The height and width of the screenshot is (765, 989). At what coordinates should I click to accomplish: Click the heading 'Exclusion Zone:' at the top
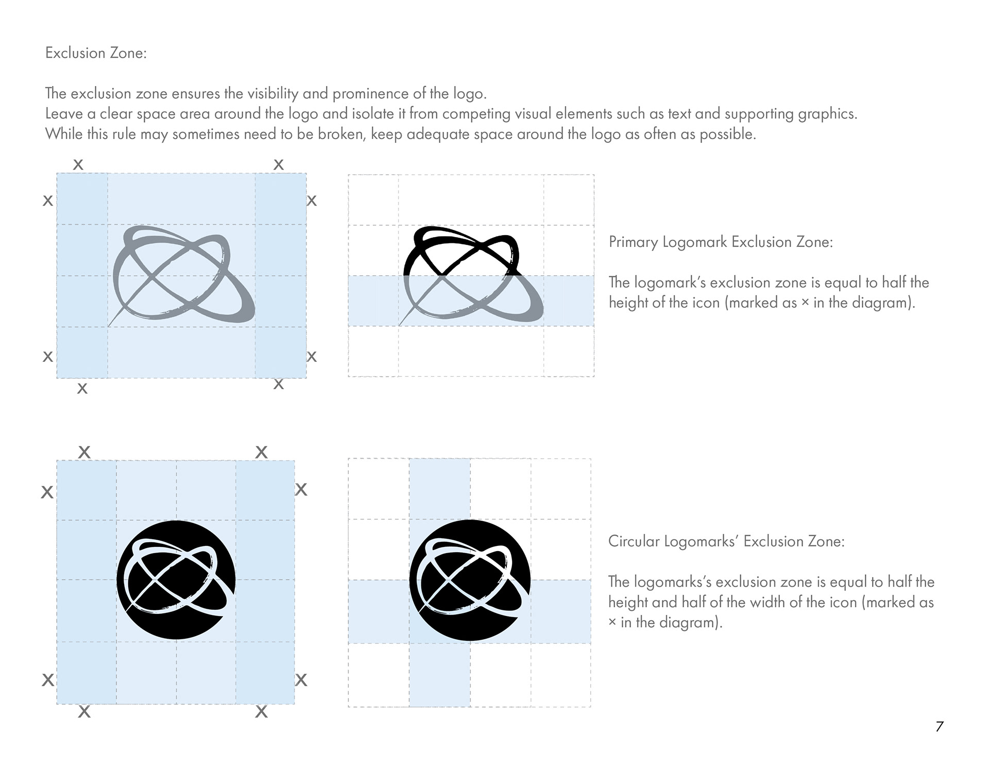pos(96,53)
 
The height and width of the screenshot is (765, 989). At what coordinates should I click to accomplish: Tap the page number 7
pos(940,726)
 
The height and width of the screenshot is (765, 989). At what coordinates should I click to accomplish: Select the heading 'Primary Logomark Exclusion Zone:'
pos(721,242)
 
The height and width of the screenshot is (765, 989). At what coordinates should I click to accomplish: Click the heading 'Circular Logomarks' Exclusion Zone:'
pos(726,541)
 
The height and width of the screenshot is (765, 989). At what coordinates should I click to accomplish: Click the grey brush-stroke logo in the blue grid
pos(182,275)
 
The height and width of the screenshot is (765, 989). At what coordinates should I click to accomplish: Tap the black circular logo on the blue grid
pos(176,580)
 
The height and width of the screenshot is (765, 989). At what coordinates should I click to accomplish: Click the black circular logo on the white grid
pos(470,580)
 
